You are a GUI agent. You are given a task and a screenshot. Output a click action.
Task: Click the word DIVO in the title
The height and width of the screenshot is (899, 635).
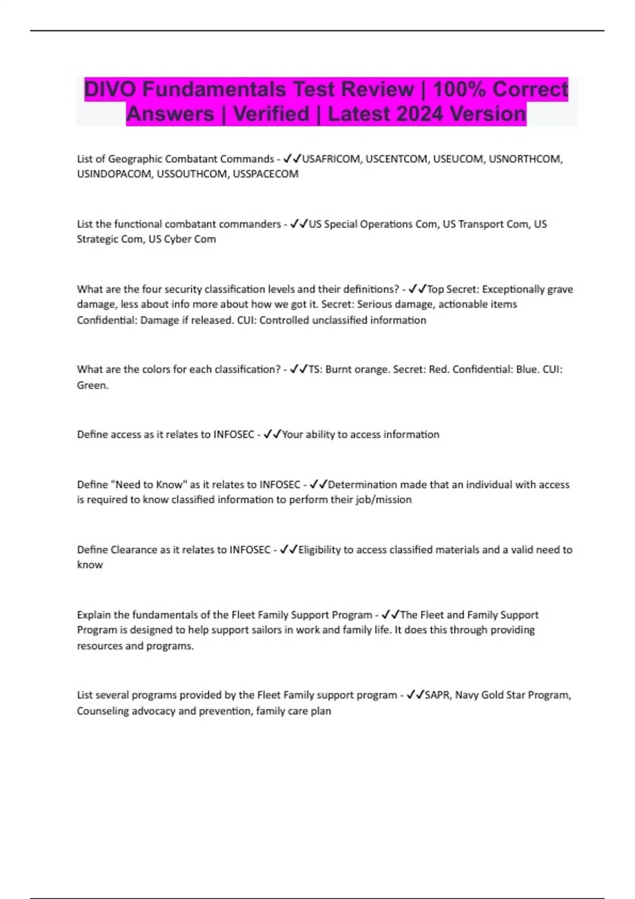110,89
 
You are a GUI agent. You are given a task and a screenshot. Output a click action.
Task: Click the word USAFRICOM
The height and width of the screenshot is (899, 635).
331,159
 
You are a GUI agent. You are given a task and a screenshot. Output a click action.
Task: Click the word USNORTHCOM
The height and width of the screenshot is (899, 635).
524,159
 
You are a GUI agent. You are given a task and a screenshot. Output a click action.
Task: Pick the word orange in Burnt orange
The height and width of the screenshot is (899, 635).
370,370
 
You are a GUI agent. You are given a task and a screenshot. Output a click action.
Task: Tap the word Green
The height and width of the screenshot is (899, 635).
92,386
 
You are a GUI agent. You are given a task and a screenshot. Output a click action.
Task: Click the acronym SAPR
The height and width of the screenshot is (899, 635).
437,695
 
